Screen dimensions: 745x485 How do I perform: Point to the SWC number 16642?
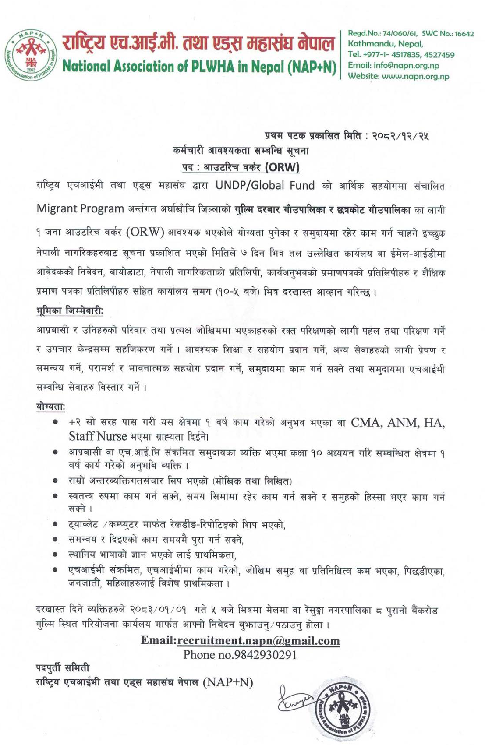coord(464,34)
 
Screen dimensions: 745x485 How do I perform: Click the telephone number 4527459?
coord(439,55)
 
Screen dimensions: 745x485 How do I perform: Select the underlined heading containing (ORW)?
coord(241,167)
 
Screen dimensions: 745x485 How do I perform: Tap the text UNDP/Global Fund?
coord(265,186)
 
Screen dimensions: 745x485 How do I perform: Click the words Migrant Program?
coord(80,209)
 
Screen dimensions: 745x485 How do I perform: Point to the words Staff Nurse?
coord(98,436)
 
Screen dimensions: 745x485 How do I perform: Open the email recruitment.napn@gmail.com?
coord(258,641)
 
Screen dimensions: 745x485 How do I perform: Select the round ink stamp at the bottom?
coord(342,708)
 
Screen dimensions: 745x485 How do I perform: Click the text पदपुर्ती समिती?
coord(63,668)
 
